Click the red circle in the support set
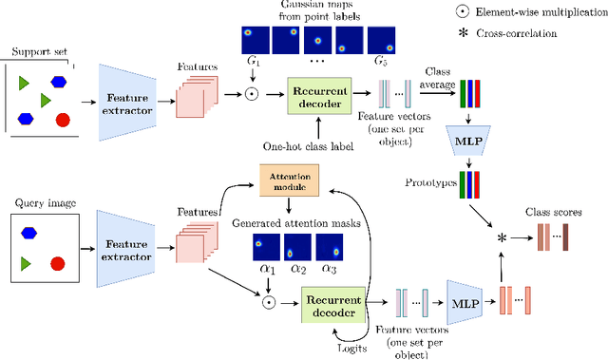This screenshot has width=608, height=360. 63,120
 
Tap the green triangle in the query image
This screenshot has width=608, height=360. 27,261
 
